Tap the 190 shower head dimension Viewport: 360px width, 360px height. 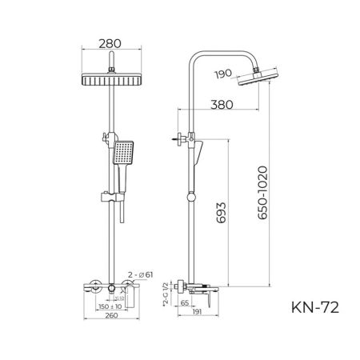[x=224, y=74]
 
